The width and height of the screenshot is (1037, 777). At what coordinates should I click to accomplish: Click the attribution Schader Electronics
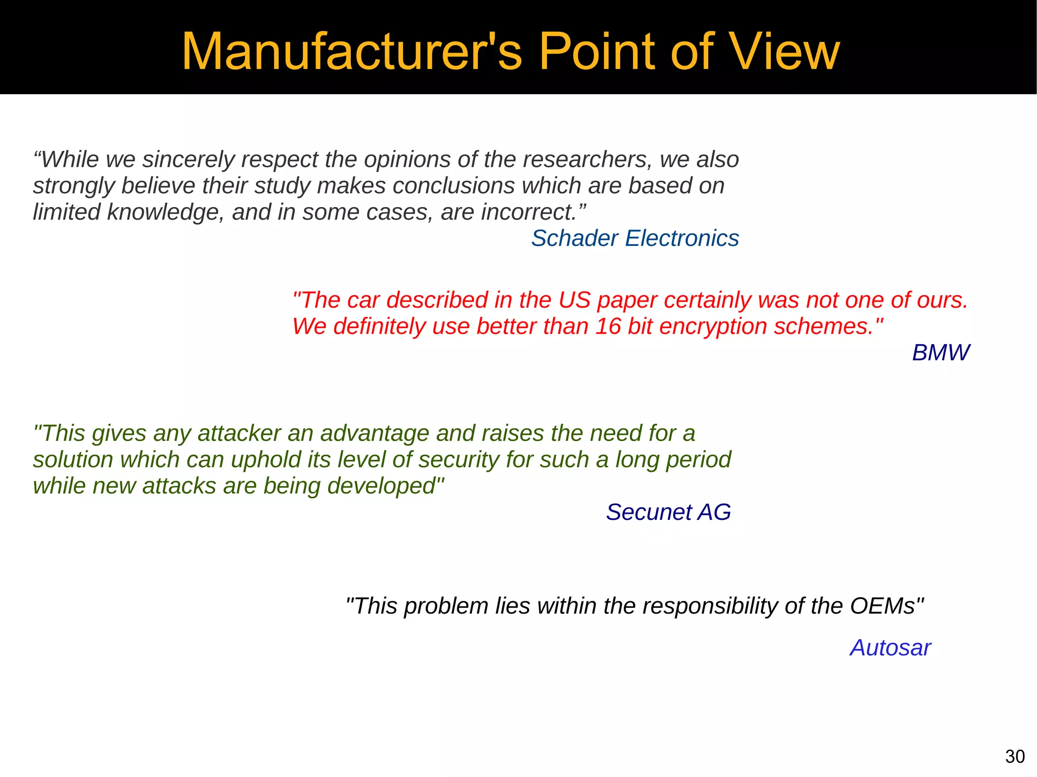click(x=635, y=238)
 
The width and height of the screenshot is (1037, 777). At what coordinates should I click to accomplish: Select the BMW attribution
click(x=941, y=353)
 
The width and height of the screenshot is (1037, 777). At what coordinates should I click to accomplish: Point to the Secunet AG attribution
click(x=668, y=512)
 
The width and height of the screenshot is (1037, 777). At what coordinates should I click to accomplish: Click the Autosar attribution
click(x=890, y=648)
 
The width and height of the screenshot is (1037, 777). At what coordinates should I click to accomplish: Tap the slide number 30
click(x=1015, y=757)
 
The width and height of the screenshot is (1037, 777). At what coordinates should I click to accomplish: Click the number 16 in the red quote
click(x=608, y=326)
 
